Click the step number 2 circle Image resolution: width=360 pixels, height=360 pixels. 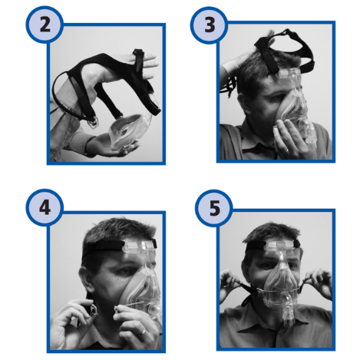click(45, 25)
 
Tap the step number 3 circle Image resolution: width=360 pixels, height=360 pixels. click(209, 25)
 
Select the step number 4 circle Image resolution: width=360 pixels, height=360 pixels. click(45, 207)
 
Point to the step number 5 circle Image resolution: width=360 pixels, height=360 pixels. click(214, 208)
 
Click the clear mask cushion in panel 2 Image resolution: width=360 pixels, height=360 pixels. click(129, 130)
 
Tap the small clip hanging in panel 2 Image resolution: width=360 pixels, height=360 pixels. click(93, 124)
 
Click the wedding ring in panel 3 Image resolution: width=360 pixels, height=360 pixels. click(286, 151)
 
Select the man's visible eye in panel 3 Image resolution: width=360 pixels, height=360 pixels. click(277, 98)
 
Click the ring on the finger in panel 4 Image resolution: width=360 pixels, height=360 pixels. click(143, 332)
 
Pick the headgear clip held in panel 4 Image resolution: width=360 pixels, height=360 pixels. click(92, 311)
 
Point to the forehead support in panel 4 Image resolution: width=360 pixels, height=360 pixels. click(140, 246)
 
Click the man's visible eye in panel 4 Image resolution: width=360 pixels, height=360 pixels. click(125, 271)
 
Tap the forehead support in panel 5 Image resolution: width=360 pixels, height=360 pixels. click(282, 246)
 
